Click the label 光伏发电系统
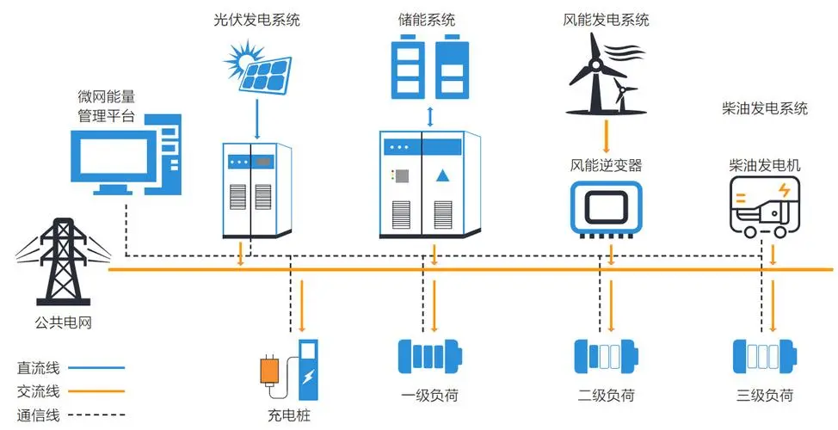click(256, 18)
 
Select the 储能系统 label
click(428, 18)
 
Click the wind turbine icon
click(602, 74)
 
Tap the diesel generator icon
click(765, 206)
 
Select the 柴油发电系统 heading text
click(765, 108)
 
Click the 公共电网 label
click(63, 323)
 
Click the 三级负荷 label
click(765, 396)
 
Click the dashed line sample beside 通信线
click(96, 416)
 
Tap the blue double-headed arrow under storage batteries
click(428, 116)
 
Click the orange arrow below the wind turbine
click(607, 134)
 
